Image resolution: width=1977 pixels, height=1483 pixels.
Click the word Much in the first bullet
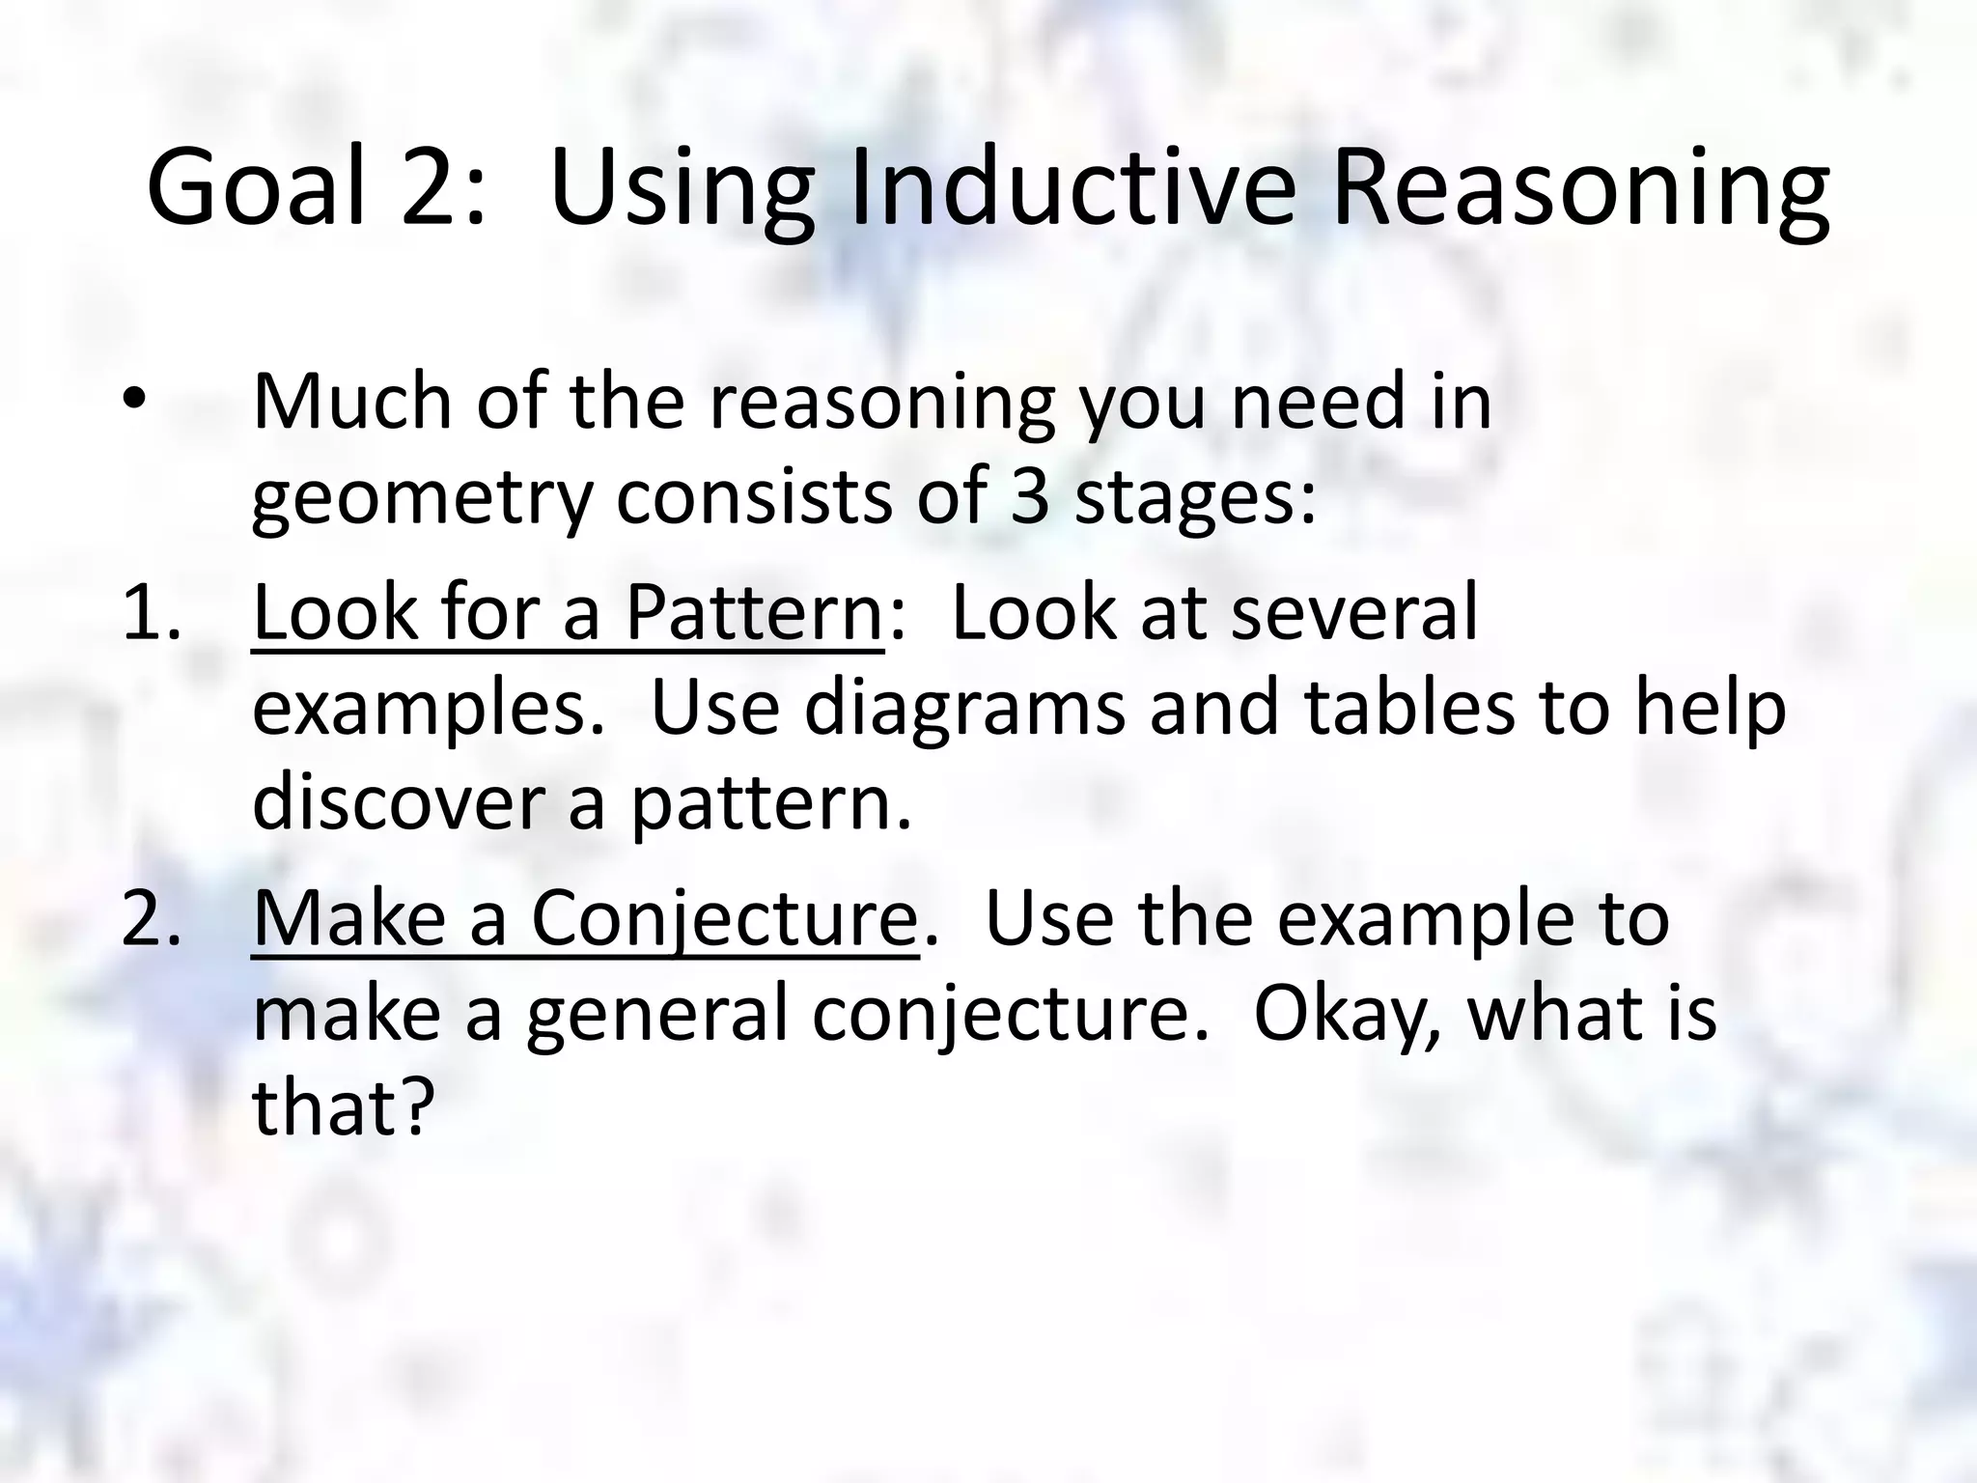click(x=353, y=402)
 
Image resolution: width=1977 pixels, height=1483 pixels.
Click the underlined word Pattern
click(x=754, y=612)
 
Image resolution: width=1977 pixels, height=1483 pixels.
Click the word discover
click(x=402, y=803)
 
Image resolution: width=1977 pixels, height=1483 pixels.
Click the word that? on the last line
click(x=339, y=1108)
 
